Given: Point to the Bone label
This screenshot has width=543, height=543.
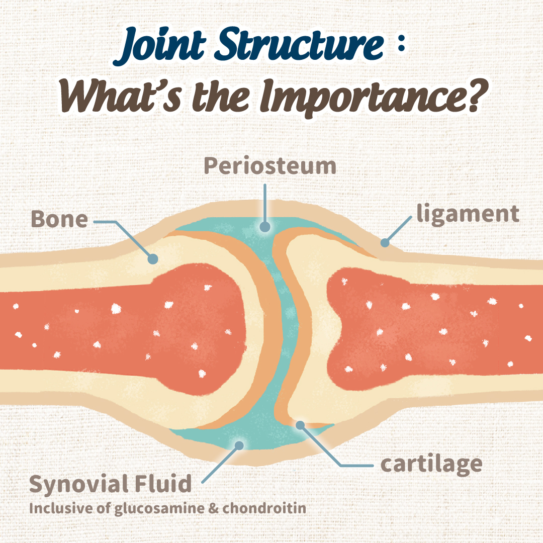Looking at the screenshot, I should pyautogui.click(x=59, y=220).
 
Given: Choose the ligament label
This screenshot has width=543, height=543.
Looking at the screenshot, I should pyautogui.click(x=467, y=213).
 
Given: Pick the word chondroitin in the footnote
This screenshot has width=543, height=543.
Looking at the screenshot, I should pyautogui.click(x=264, y=508).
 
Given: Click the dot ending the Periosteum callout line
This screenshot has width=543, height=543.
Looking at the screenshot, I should pyautogui.click(x=263, y=227).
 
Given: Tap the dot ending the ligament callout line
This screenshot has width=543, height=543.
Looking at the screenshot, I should pyautogui.click(x=385, y=243).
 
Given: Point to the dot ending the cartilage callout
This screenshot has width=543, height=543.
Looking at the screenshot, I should pyautogui.click(x=300, y=425).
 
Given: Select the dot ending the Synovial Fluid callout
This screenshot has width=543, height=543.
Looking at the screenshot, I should pyautogui.click(x=240, y=445).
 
